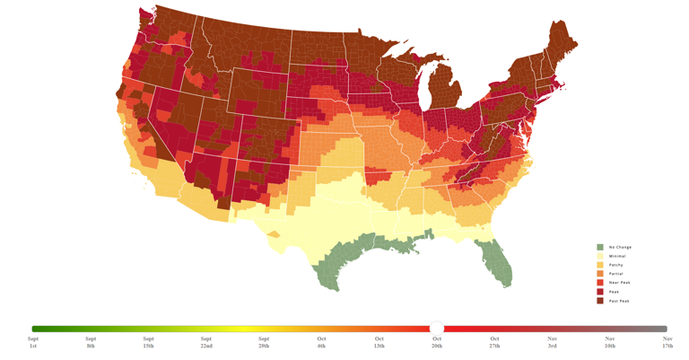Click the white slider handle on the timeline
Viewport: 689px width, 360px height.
pyautogui.click(x=437, y=329)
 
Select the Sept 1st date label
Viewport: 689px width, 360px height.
pyautogui.click(x=33, y=342)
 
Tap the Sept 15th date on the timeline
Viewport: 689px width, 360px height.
pyautogui.click(x=148, y=342)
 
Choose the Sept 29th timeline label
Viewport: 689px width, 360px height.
pyautogui.click(x=264, y=342)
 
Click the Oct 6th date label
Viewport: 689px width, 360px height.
pyautogui.click(x=321, y=342)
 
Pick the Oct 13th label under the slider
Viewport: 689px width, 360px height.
pyautogui.click(x=379, y=342)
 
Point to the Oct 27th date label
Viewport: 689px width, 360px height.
pyautogui.click(x=494, y=342)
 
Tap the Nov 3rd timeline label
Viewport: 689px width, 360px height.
pyautogui.click(x=553, y=342)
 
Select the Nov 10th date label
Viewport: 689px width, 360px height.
pyautogui.click(x=610, y=342)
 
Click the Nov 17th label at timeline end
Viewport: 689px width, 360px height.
pyautogui.click(x=667, y=342)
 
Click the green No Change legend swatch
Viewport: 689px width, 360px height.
pyautogui.click(x=600, y=247)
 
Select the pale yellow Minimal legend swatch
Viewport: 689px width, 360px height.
pyautogui.click(x=600, y=256)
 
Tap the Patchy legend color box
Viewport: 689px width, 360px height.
pyautogui.click(x=600, y=265)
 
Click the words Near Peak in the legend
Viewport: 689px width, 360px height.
pyautogui.click(x=620, y=283)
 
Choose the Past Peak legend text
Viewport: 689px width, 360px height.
pyautogui.click(x=619, y=301)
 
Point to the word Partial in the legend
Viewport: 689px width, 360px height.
pyautogui.click(x=616, y=274)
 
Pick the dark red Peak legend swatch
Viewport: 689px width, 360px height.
pyautogui.click(x=600, y=292)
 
